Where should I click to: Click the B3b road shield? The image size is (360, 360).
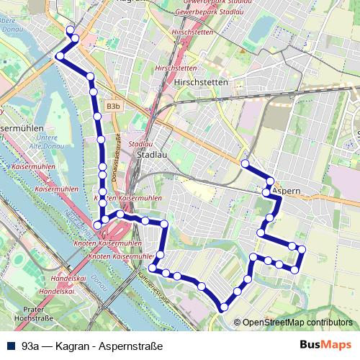coord(112,106)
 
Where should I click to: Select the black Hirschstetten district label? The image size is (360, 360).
coord(200,82)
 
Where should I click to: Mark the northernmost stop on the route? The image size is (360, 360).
coord(70,30)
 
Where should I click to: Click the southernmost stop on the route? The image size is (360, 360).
coord(225,307)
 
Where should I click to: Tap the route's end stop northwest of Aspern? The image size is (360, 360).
coord(245,164)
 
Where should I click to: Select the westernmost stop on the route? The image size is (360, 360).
coord(60,55)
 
